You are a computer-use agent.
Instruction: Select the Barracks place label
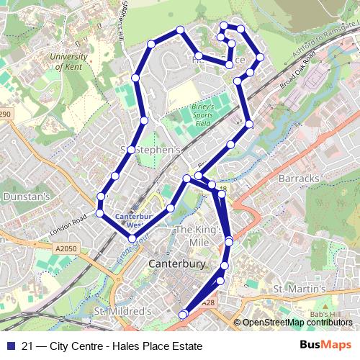coord(297,178)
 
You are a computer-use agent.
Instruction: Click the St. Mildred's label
coord(123,311)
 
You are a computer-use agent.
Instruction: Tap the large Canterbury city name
coord(178,264)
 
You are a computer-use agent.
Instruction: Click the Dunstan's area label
coord(26,195)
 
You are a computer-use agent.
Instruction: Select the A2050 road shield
coord(65,249)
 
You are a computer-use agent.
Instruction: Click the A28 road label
coord(208,304)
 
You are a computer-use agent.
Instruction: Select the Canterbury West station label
coord(133,220)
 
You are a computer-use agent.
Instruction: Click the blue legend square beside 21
coord(9,346)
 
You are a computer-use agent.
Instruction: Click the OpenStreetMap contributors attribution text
coord(296,323)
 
